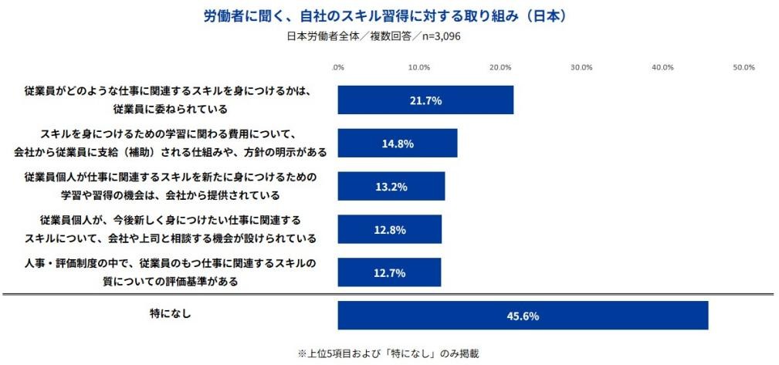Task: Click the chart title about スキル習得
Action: coord(389,15)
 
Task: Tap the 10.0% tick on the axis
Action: coord(418,68)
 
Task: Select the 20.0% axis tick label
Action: coord(500,68)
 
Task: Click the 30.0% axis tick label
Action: coord(581,68)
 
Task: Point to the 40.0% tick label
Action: coord(662,68)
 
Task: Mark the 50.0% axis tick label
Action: coord(743,68)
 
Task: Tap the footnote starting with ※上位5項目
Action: coord(388,354)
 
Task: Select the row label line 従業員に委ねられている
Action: coord(170,109)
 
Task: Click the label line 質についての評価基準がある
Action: coord(170,281)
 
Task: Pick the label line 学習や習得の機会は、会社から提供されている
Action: coord(170,194)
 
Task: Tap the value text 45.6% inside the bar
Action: coord(523,316)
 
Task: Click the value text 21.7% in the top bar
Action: coord(425,100)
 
